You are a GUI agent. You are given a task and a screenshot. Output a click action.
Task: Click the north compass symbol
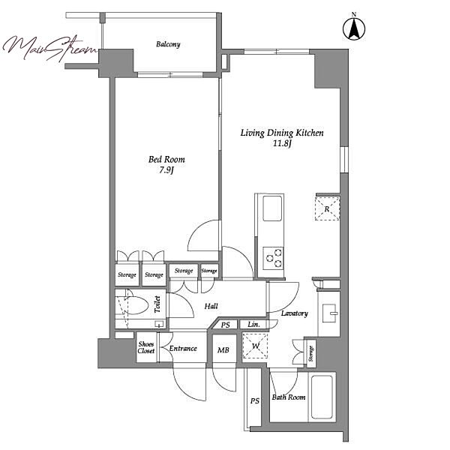pos(354,28)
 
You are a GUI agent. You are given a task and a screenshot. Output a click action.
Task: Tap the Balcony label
pos(168,44)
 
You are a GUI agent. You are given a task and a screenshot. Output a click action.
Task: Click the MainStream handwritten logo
pos(50,48)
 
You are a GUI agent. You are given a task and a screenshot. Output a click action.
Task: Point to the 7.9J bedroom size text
pos(166,170)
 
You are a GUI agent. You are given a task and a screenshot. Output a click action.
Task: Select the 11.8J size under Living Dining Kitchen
pos(282,143)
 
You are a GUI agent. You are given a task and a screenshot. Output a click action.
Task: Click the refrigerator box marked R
pos(327,208)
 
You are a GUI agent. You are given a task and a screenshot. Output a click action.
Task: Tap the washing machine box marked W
pos(255,346)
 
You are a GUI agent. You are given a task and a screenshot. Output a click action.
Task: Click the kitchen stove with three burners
pos(273,258)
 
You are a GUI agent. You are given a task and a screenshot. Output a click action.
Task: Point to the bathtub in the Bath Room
pos(322,397)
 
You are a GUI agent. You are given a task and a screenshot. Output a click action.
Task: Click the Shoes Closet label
pos(146,347)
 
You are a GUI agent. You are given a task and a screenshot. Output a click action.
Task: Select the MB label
pos(223,350)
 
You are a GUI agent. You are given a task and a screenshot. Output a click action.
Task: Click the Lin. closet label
pos(253,325)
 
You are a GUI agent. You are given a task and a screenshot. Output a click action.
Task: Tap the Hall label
pos(211,306)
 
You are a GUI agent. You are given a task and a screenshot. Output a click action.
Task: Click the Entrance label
pos(183,349)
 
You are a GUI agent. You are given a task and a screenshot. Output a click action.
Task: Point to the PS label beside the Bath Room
pos(255,401)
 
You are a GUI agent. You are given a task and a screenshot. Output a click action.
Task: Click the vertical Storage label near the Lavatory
pos(311,353)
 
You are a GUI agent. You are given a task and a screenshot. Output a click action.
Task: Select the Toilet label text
pos(157,304)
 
